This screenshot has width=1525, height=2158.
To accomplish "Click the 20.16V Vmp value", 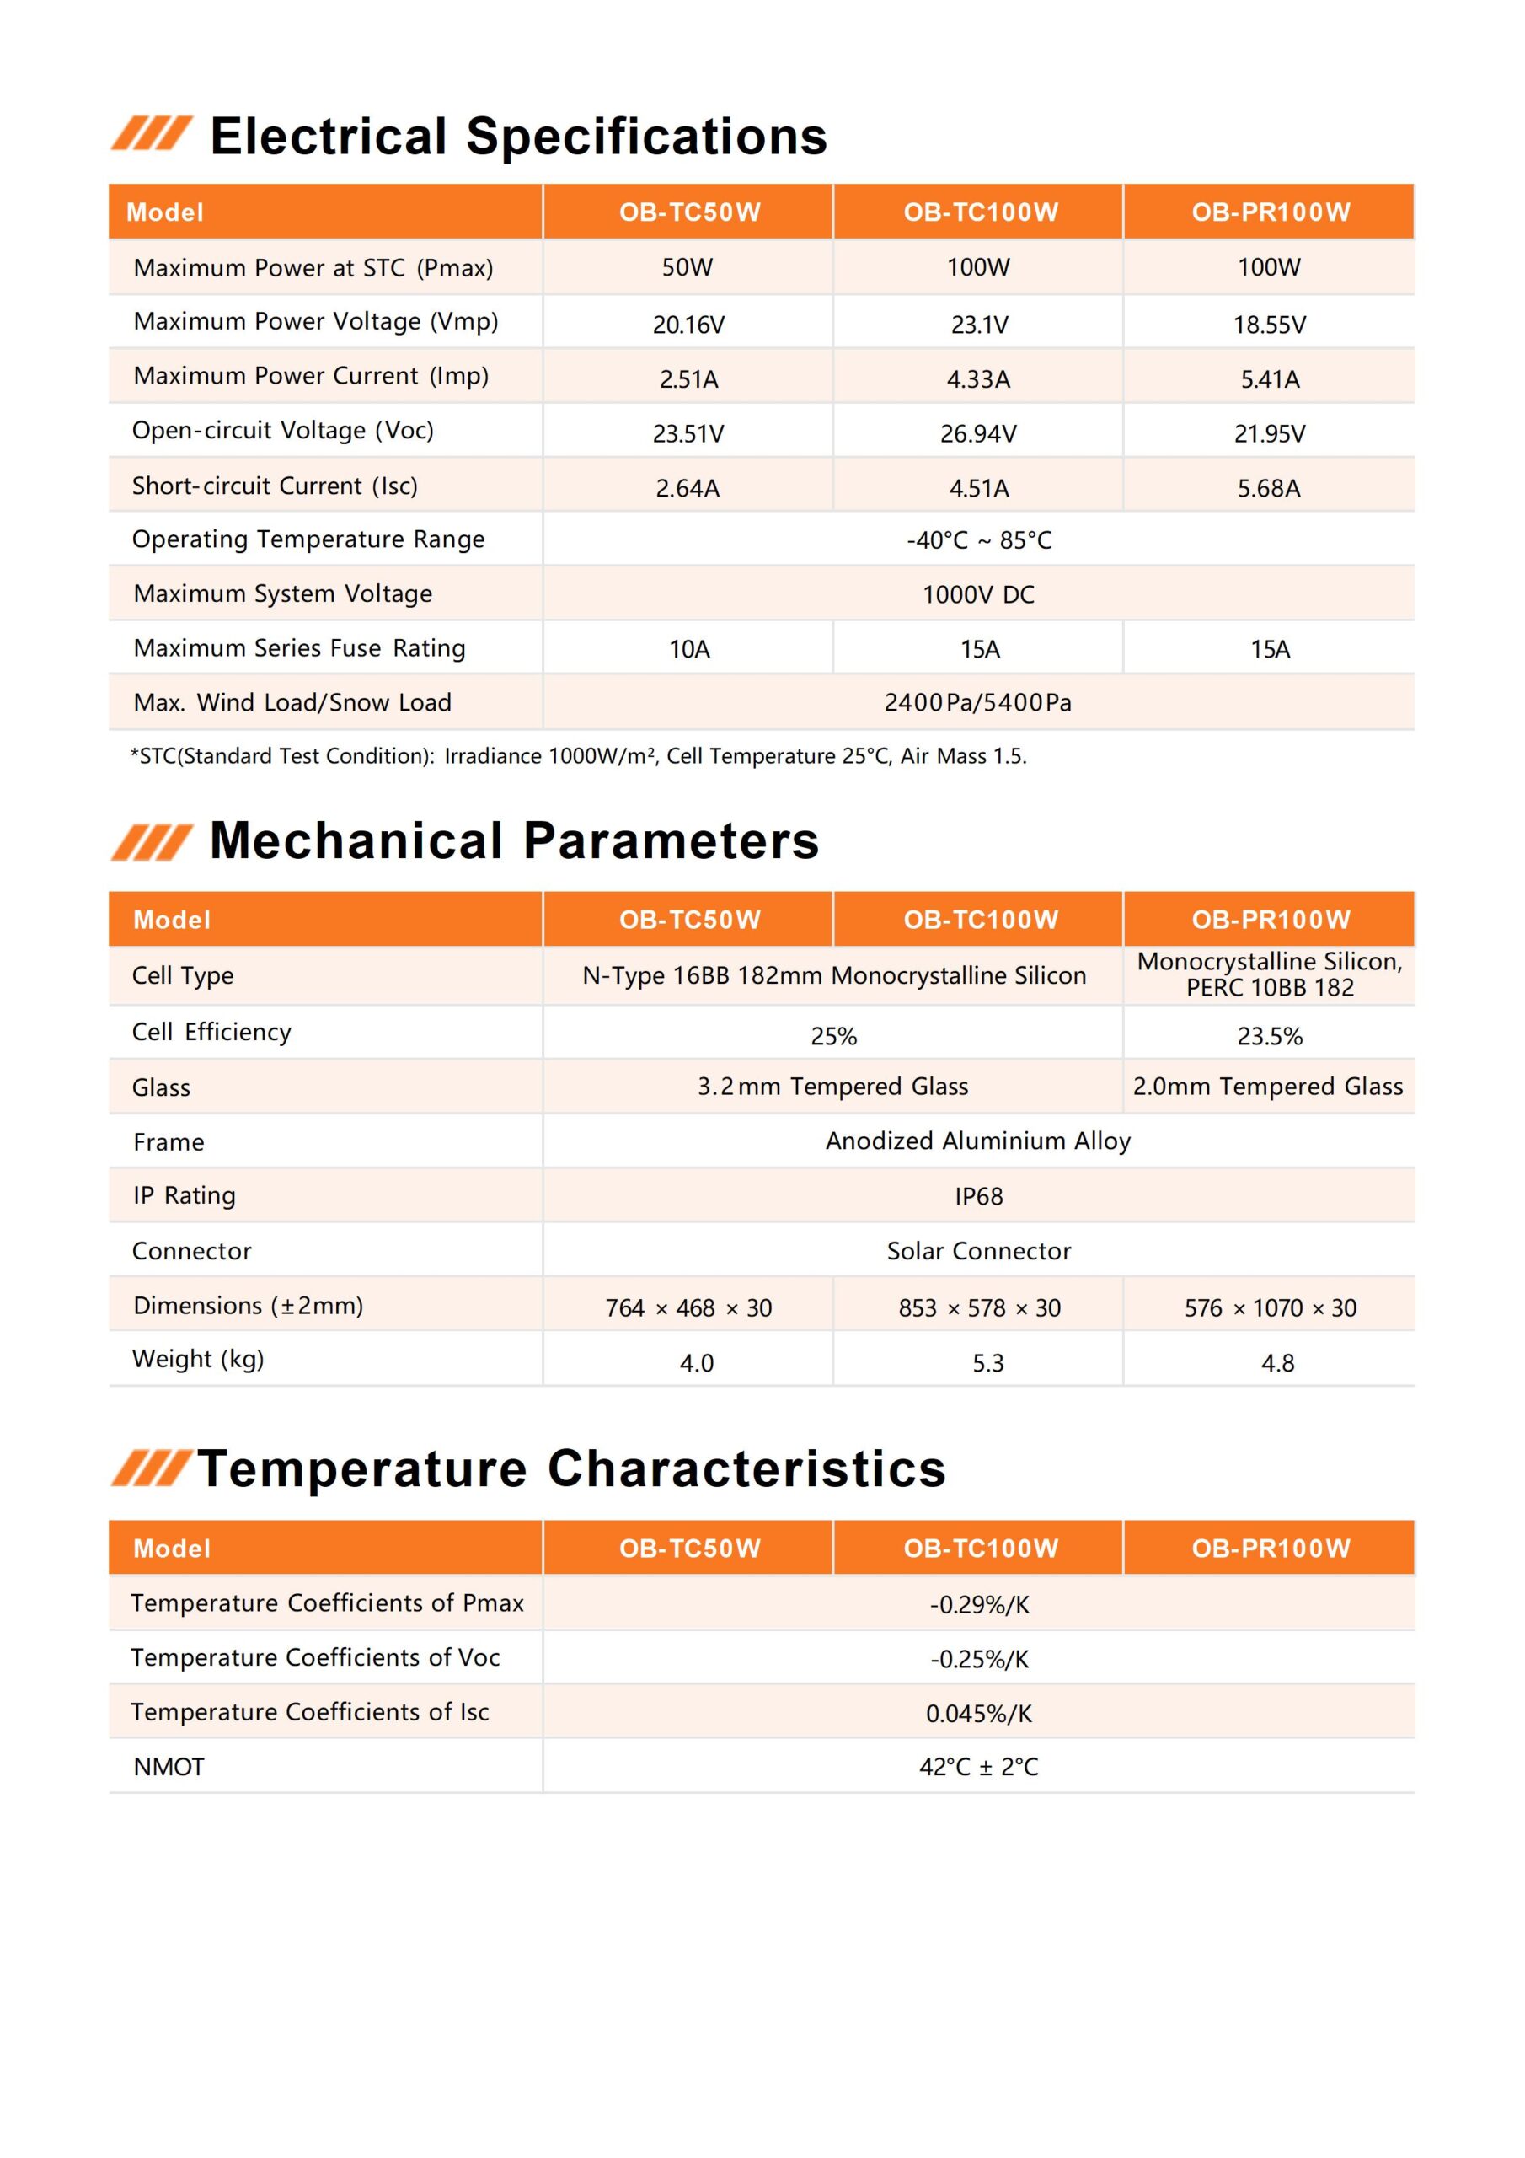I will click(688, 325).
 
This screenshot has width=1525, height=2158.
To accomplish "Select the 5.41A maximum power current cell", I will click(1270, 378).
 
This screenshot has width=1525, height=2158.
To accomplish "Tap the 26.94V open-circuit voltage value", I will click(978, 433).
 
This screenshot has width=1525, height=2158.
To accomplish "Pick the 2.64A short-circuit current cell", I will click(688, 488).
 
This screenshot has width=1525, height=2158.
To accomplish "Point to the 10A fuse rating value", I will click(688, 648).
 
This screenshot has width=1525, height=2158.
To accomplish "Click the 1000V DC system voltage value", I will click(978, 594).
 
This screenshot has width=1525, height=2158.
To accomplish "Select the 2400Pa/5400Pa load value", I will click(978, 702).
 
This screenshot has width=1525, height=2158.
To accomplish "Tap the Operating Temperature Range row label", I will click(308, 539).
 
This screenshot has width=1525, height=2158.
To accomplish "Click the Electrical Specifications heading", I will click(517, 137).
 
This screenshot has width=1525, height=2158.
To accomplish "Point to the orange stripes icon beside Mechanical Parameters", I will click(152, 841).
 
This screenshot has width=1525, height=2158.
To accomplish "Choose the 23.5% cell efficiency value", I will click(1270, 1036).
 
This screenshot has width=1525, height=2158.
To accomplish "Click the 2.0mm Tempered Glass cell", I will click(1267, 1087).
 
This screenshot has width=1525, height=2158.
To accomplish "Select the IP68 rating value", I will click(978, 1196).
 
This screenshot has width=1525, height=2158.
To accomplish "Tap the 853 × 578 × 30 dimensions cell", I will click(979, 1307).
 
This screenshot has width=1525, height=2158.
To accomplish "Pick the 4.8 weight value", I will click(1277, 1363).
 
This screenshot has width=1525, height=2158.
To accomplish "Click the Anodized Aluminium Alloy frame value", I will click(978, 1141).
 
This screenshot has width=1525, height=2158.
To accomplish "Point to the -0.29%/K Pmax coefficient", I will click(979, 1604).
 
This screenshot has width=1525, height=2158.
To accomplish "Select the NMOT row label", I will click(169, 1767).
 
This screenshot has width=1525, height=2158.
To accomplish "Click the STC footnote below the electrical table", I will click(578, 755).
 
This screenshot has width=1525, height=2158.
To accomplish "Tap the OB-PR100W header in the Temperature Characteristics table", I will click(1271, 1548).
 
